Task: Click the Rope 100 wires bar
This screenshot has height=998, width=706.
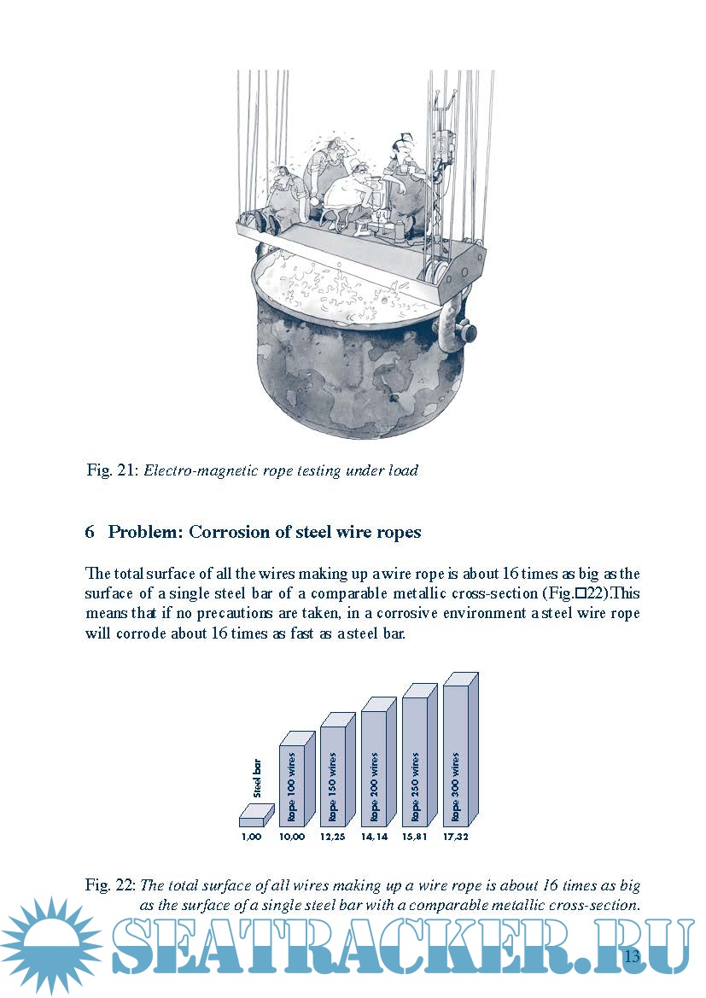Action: pyautogui.click(x=292, y=781)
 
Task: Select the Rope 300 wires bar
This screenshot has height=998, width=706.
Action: pyautogui.click(x=456, y=756)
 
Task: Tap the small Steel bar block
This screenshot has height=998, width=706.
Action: pyautogui.click(x=255, y=817)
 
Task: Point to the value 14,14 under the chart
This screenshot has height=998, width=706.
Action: pyautogui.click(x=373, y=838)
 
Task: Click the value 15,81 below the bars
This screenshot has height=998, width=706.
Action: pyautogui.click(x=415, y=838)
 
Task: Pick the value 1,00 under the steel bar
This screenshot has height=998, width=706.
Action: pyautogui.click(x=250, y=838)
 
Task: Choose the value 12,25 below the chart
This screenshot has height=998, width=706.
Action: pyautogui.click(x=333, y=838)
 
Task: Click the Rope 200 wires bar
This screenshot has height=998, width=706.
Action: pyautogui.click(x=374, y=768)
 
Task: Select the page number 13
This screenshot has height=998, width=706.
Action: pyautogui.click(x=632, y=955)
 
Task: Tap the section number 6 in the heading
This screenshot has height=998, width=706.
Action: pyautogui.click(x=90, y=532)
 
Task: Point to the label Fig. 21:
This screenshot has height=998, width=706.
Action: pyautogui.click(x=112, y=470)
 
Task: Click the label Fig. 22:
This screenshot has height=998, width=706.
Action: pyautogui.click(x=110, y=885)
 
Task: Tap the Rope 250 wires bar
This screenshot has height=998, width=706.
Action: pyautogui.click(x=414, y=762)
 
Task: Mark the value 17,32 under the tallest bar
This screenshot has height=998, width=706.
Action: pyautogui.click(x=456, y=838)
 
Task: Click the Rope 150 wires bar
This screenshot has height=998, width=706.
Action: pyautogui.click(x=333, y=775)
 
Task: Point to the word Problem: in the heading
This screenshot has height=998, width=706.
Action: pyautogui.click(x=145, y=532)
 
